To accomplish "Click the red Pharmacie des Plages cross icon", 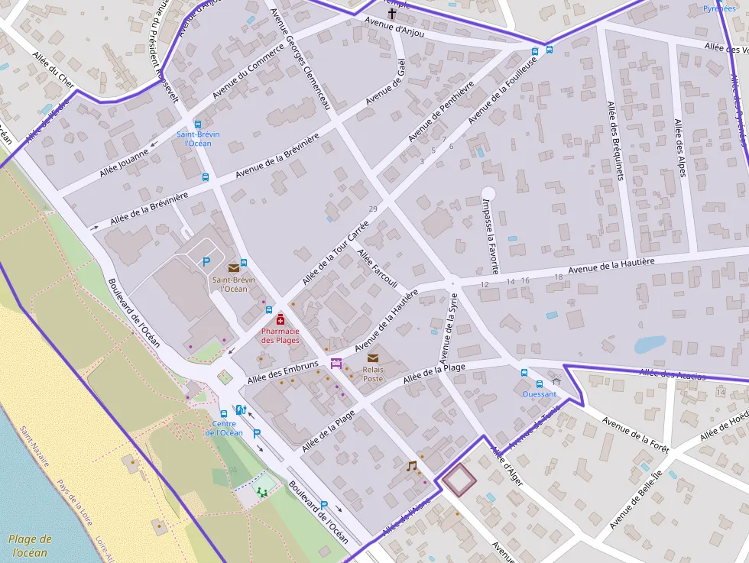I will [280, 320].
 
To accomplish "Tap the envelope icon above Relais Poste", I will [373, 358].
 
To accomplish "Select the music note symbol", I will [411, 465].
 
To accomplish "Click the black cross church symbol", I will [392, 14].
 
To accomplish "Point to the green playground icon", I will [264, 492].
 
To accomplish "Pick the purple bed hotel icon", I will [336, 364].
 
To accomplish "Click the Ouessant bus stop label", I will [539, 394].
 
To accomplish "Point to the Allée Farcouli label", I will [378, 269].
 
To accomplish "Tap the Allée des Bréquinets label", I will [615, 141].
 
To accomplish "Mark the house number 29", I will [373, 209].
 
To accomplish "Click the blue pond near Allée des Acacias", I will [650, 345].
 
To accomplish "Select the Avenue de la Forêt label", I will [635, 435].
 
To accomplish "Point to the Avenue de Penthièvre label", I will [441, 111].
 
